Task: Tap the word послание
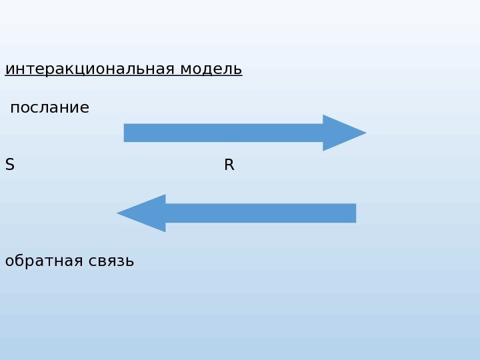click(x=50, y=108)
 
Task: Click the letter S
click(x=9, y=165)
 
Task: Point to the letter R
click(x=229, y=165)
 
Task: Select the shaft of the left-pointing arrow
click(x=260, y=213)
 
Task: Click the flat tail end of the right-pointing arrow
click(x=126, y=133)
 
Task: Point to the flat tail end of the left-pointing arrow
click(x=354, y=213)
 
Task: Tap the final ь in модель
click(x=238, y=70)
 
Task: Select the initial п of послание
click(x=15, y=109)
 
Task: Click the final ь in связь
click(x=130, y=262)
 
